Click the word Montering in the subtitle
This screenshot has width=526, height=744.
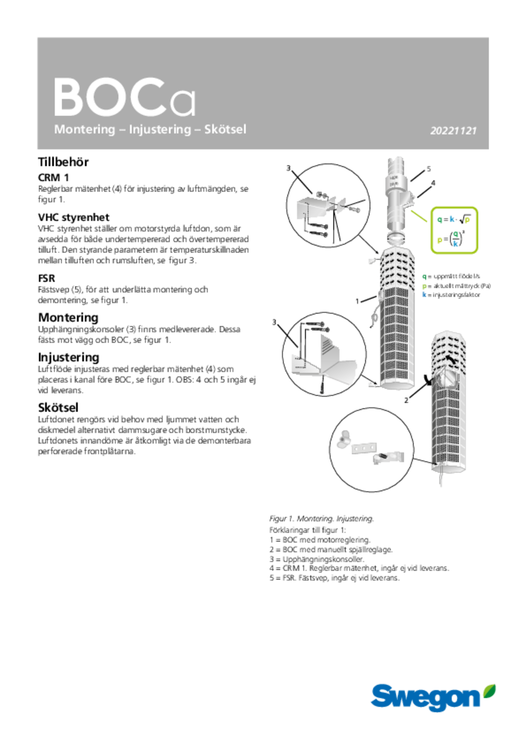(84, 129)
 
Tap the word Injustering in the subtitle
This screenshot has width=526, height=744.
(160, 129)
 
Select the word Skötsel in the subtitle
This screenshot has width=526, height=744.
(225, 129)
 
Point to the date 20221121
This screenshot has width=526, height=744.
(453, 131)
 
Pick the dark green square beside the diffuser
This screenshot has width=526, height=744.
(424, 276)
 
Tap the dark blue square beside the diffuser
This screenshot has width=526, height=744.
(424, 294)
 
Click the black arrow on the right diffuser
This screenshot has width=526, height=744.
(451, 359)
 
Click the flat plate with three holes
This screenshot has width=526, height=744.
(364, 448)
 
